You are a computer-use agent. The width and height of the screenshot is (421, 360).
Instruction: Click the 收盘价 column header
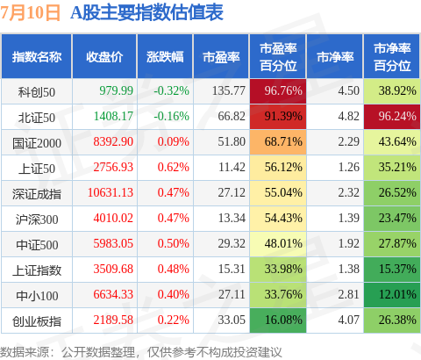click(x=104, y=56)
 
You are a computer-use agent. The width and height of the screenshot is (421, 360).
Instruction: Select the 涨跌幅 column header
click(x=165, y=56)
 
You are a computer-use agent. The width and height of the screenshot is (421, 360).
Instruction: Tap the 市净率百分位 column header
click(x=392, y=57)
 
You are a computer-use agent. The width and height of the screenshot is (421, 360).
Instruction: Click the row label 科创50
click(x=37, y=92)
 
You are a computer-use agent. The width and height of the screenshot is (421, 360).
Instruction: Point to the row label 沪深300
click(x=37, y=220)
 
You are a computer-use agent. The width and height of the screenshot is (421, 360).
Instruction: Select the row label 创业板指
click(x=37, y=321)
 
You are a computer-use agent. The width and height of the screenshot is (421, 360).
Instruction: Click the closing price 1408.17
click(x=113, y=116)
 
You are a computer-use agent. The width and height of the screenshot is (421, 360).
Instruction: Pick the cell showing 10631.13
click(x=111, y=192)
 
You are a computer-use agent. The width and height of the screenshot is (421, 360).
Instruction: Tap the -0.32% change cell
click(x=171, y=90)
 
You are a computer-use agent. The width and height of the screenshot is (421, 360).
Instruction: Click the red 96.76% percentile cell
click(x=278, y=91)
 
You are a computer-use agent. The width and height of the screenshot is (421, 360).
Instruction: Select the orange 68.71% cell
click(x=278, y=142)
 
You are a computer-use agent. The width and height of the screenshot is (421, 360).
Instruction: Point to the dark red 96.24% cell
click(x=392, y=117)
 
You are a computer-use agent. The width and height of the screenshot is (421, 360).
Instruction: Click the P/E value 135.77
click(x=229, y=90)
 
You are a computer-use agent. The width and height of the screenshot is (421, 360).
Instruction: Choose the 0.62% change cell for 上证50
click(x=173, y=167)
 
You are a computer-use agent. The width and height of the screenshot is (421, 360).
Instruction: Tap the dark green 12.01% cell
click(x=392, y=295)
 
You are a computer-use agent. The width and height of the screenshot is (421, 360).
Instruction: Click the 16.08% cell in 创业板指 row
click(x=278, y=320)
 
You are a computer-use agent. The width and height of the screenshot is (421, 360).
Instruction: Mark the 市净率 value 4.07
click(x=348, y=320)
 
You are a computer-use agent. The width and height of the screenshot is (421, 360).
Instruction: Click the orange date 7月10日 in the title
click(x=30, y=13)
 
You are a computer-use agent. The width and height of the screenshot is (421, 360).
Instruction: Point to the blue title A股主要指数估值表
click(x=146, y=13)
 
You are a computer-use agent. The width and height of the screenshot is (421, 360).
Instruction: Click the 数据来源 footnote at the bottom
click(x=141, y=352)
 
